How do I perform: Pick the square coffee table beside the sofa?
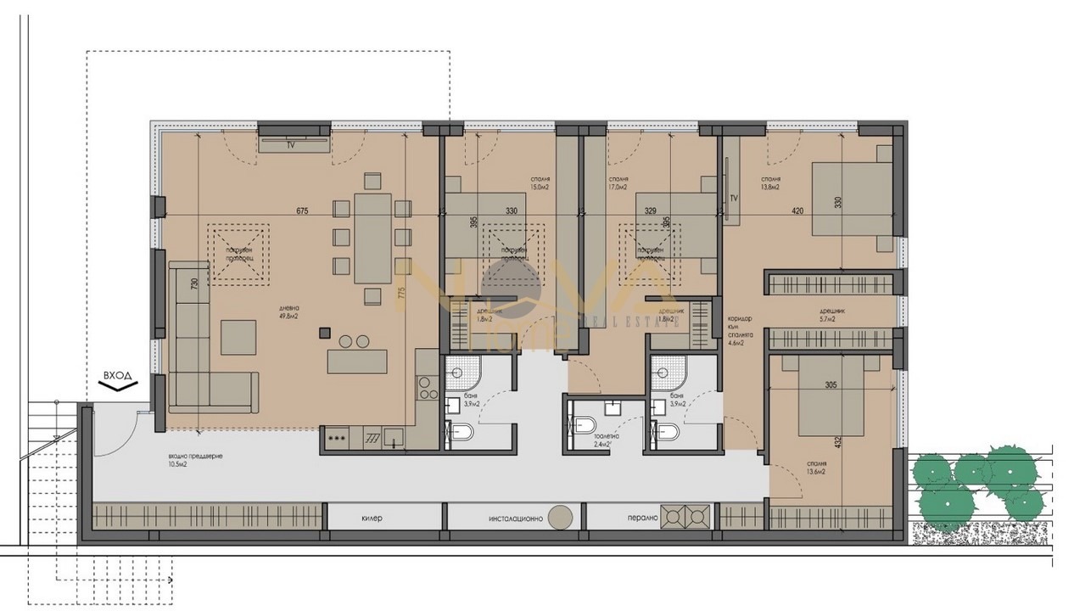coord(238,337)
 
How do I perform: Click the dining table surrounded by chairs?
coord(372,238)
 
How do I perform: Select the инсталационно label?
coord(514,517)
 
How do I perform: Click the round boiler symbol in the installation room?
coord(559,517)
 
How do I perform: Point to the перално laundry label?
coord(644,517)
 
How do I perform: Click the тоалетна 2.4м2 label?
coord(606,440)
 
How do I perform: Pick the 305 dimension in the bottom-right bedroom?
coord(831,384)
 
